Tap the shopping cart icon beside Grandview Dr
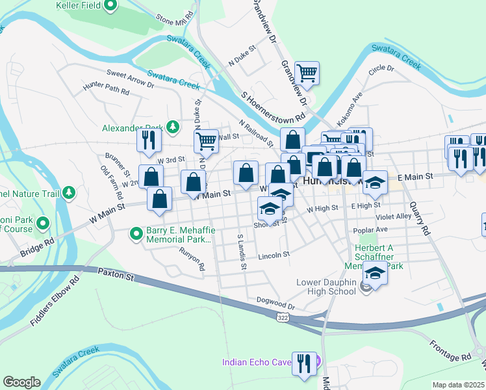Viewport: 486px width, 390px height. click(x=307, y=73)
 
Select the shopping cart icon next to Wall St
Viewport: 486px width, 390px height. click(x=206, y=140)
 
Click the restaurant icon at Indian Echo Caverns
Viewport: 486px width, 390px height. click(x=303, y=363)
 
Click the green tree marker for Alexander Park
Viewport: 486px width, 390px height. click(x=173, y=127)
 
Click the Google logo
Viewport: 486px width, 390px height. click(x=21, y=382)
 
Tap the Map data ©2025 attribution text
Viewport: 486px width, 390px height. click(x=457, y=385)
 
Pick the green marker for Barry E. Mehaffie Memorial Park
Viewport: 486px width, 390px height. click(x=136, y=233)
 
